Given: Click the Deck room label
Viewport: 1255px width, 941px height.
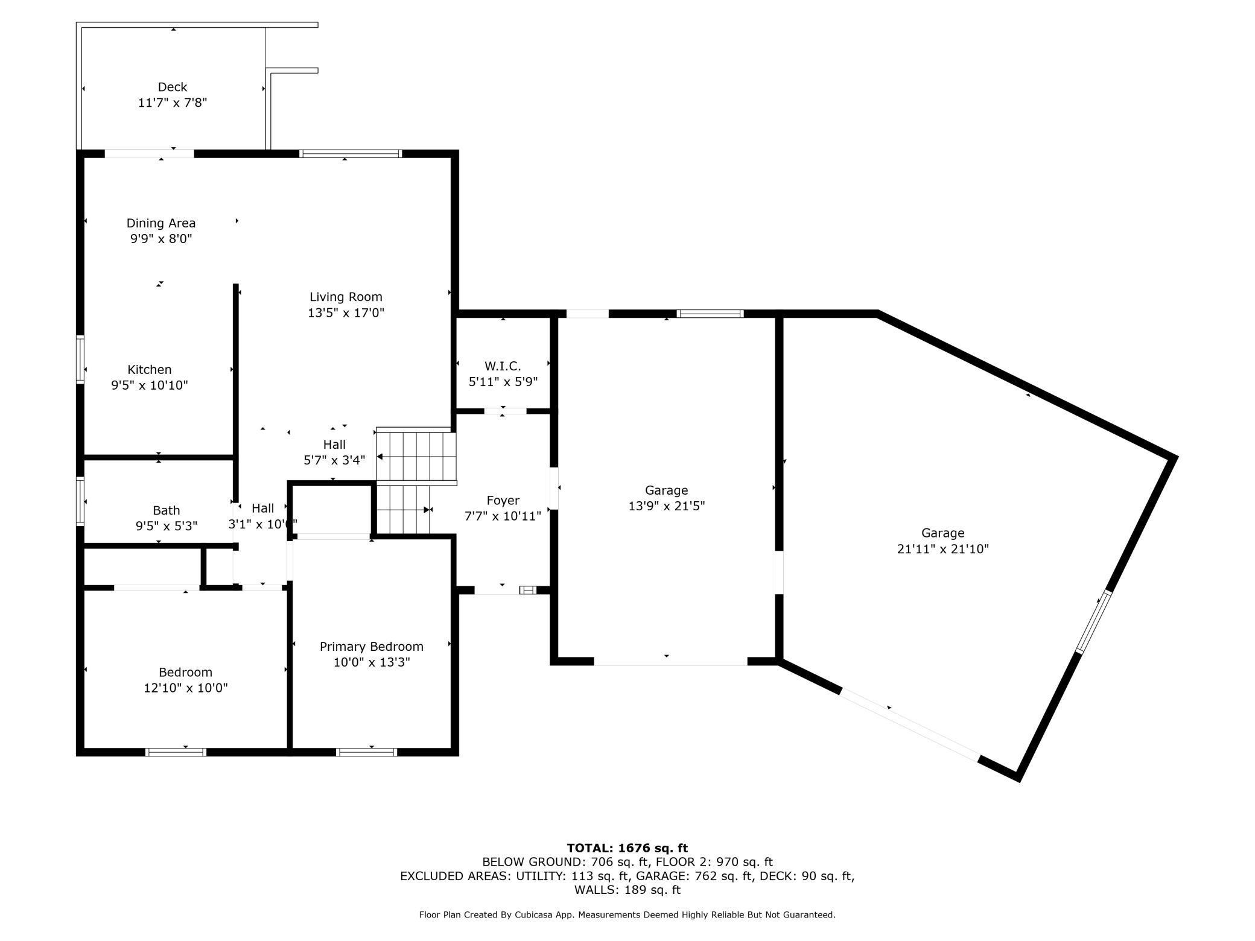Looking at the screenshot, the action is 173,87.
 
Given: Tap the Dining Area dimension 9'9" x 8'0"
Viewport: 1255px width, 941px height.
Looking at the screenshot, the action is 161,239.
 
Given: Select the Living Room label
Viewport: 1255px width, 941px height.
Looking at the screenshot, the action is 346,297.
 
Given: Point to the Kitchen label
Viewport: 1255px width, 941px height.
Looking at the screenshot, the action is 150,370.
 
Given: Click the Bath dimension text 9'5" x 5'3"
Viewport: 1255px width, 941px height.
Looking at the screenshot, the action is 167,526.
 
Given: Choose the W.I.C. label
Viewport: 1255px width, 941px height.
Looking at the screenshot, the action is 503,366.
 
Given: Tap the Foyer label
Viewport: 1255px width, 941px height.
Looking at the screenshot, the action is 503,501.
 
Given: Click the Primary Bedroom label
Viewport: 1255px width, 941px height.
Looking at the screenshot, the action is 372,647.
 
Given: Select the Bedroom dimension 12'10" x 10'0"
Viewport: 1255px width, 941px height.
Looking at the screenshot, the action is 186,688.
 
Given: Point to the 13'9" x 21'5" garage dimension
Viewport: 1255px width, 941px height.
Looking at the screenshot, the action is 667,506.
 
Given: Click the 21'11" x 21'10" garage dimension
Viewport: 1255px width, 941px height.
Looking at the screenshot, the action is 943,549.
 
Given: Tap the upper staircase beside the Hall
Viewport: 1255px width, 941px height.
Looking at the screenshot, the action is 416,457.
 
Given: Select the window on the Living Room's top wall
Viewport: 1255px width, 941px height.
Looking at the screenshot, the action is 351,154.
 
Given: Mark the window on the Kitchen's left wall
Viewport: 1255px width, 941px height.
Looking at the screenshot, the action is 80,360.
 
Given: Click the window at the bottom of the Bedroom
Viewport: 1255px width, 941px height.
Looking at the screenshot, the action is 176,752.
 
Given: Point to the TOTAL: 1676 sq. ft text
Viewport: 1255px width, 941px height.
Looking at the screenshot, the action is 627,848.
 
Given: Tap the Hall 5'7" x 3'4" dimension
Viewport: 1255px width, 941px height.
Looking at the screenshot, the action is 334,460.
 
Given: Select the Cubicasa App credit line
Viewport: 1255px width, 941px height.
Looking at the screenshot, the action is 627,915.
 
